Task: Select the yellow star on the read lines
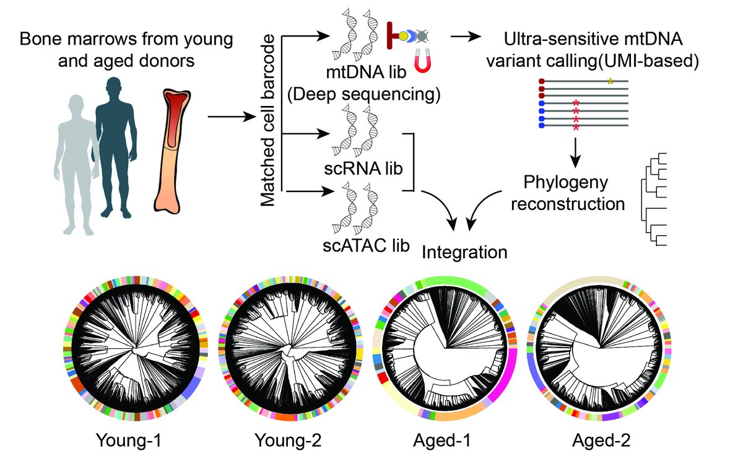pyautogui.click(x=611, y=81)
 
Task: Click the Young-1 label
pyautogui.click(x=131, y=441)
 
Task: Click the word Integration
pyautogui.click(x=465, y=252)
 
